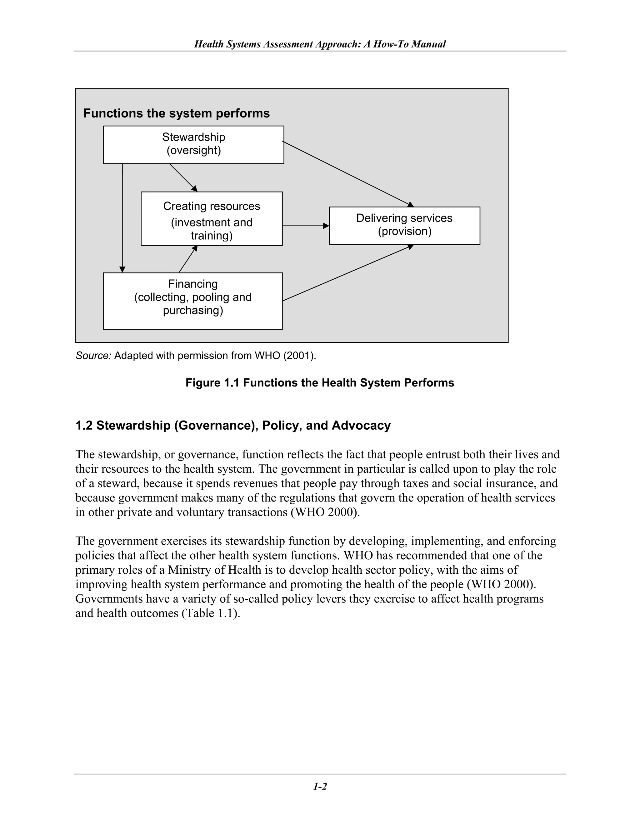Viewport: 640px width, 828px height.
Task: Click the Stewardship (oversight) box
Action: pyautogui.click(x=193, y=144)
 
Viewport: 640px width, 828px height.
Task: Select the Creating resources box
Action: pyautogui.click(x=212, y=219)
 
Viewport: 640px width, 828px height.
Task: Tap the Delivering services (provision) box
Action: pyautogui.click(x=404, y=225)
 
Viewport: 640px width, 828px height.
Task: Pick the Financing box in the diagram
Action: pyautogui.click(x=192, y=301)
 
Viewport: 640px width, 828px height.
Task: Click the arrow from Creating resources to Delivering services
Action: pyautogui.click(x=305, y=226)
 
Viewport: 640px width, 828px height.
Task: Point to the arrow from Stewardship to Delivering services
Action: pyautogui.click(x=347, y=174)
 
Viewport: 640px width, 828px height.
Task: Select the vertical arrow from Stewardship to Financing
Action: pyautogui.click(x=122, y=218)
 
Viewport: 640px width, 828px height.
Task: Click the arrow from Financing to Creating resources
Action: pyautogui.click(x=188, y=259)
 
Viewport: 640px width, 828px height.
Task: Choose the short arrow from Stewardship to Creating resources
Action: pyautogui.click(x=183, y=178)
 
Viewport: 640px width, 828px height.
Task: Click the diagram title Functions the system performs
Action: pyautogui.click(x=176, y=113)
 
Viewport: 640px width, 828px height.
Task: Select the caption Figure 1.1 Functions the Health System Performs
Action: pyautogui.click(x=320, y=383)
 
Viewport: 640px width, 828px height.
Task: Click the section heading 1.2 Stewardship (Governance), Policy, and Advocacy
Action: pyautogui.click(x=233, y=425)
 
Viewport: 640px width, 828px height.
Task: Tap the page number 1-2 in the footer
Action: pyautogui.click(x=320, y=787)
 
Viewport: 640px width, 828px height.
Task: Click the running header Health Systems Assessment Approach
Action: pyautogui.click(x=320, y=44)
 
